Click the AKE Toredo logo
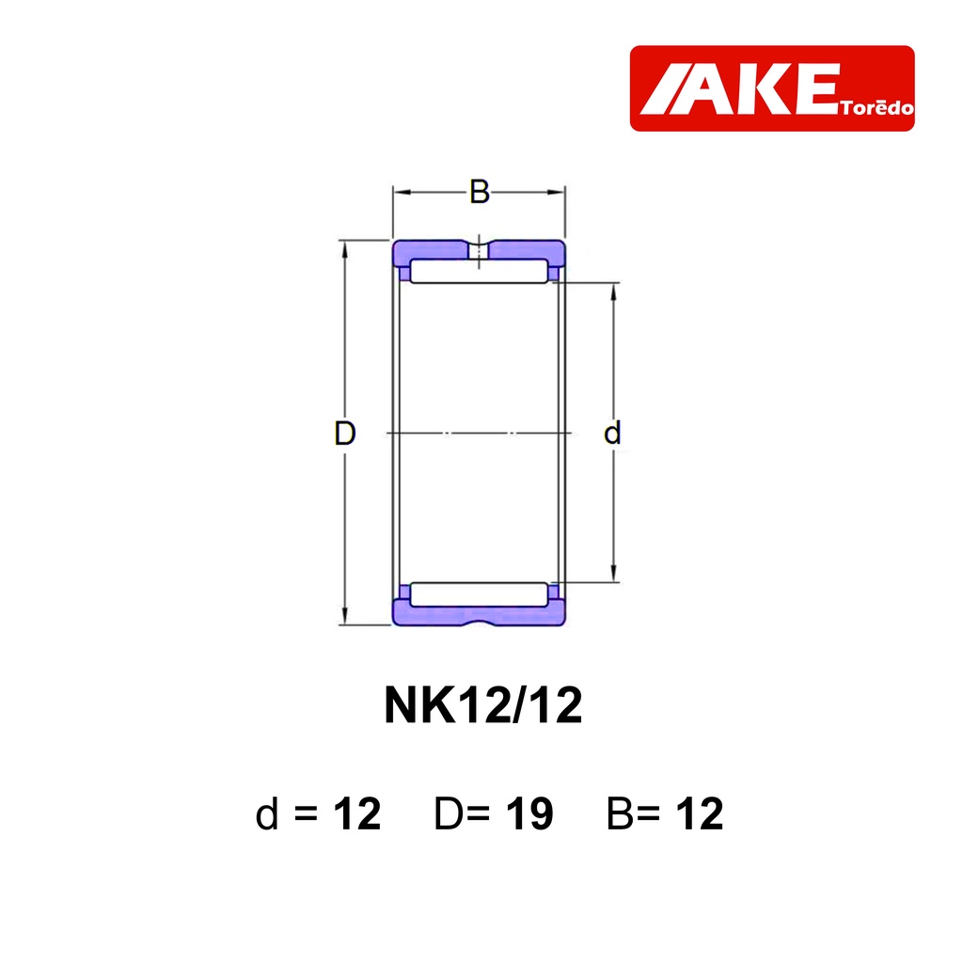point(772,87)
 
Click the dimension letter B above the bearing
point(479,192)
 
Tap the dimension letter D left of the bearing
point(344,433)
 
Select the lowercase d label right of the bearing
point(612,433)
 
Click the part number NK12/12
point(482,705)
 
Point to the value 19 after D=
point(529,813)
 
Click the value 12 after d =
point(356,813)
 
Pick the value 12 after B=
point(700,813)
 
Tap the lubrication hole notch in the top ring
point(479,249)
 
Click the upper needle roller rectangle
point(479,271)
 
